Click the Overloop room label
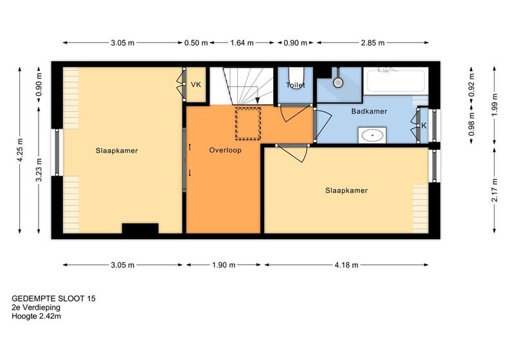pyautogui.click(x=225, y=150)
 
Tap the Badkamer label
pyautogui.click(x=369, y=111)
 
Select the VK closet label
pyautogui.click(x=196, y=85)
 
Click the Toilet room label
pyautogui.click(x=296, y=85)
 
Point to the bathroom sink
pyautogui.click(x=372, y=135)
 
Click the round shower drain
pyautogui.click(x=337, y=82)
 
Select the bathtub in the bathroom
pyautogui.click(x=396, y=80)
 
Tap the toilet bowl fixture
pyautogui.click(x=296, y=77)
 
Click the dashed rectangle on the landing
pyautogui.click(x=248, y=123)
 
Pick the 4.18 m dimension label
pyautogui.click(x=346, y=265)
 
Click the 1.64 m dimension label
pyautogui.click(x=242, y=42)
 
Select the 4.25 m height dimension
pyautogui.click(x=20, y=150)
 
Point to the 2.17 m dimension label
pyautogui.click(x=494, y=190)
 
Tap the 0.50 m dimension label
pyautogui.click(x=196, y=42)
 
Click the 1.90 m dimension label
pyautogui.click(x=224, y=265)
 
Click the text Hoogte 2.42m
pyautogui.click(x=37, y=316)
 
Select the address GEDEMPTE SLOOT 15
pyautogui.click(x=53, y=298)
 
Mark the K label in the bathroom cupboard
pyautogui.click(x=424, y=125)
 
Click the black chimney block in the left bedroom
pyautogui.click(x=140, y=228)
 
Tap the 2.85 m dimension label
pyautogui.click(x=373, y=42)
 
